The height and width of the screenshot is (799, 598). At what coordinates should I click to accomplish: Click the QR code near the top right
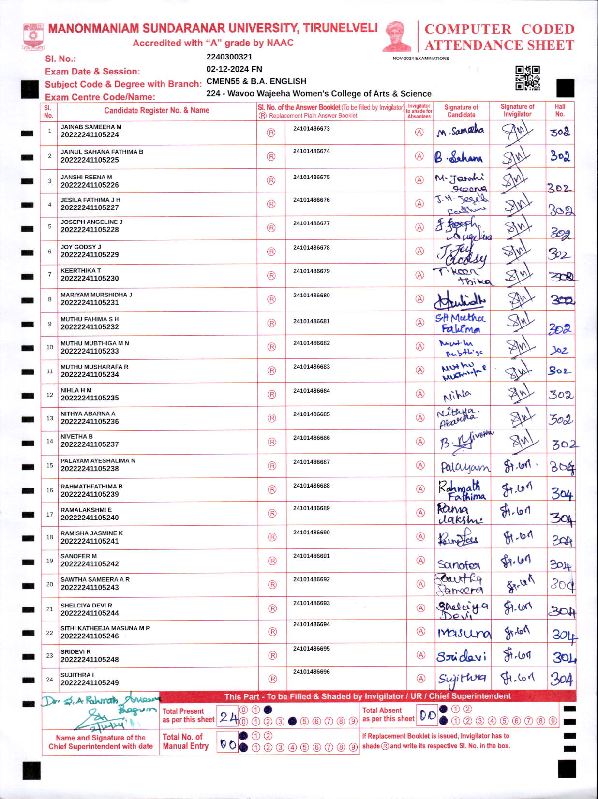[527, 78]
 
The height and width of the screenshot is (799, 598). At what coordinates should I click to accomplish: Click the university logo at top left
[33, 37]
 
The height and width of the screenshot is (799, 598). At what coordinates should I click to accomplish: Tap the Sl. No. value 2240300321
[229, 57]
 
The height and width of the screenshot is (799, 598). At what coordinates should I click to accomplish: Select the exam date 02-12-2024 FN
[234, 69]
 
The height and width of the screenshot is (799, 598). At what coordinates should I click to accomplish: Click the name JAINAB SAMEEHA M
[91, 127]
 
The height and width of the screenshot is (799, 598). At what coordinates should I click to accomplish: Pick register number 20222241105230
[90, 279]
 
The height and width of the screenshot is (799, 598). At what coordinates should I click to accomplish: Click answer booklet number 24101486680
[311, 295]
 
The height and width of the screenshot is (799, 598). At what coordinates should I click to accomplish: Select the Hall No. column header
[560, 110]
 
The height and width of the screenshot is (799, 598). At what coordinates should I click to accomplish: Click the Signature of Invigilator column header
[517, 110]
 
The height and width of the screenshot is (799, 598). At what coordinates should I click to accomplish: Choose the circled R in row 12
[271, 395]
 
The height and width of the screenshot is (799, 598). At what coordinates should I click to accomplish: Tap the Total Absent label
[382, 710]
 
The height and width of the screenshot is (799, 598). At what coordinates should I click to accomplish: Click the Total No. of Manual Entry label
[185, 741]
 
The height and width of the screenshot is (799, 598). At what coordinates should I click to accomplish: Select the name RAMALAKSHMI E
[86, 510]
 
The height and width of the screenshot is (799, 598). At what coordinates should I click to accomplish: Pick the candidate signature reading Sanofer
[459, 564]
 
